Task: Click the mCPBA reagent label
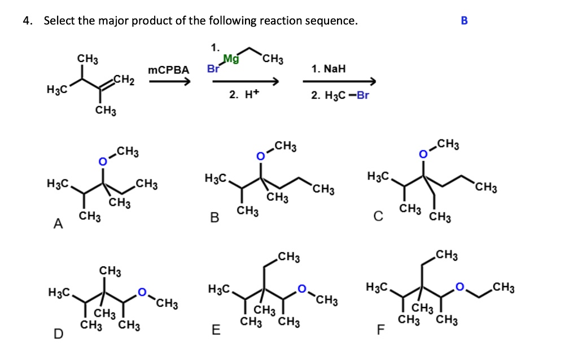(168, 70)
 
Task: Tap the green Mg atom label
(231, 59)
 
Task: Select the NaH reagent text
(328, 69)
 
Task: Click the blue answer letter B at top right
(464, 21)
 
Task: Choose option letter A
(57, 225)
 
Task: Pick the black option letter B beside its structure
(214, 217)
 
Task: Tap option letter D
(58, 334)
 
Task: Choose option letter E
(216, 330)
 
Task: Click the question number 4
(26, 21)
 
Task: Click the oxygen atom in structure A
(103, 163)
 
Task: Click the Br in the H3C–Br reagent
(362, 95)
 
